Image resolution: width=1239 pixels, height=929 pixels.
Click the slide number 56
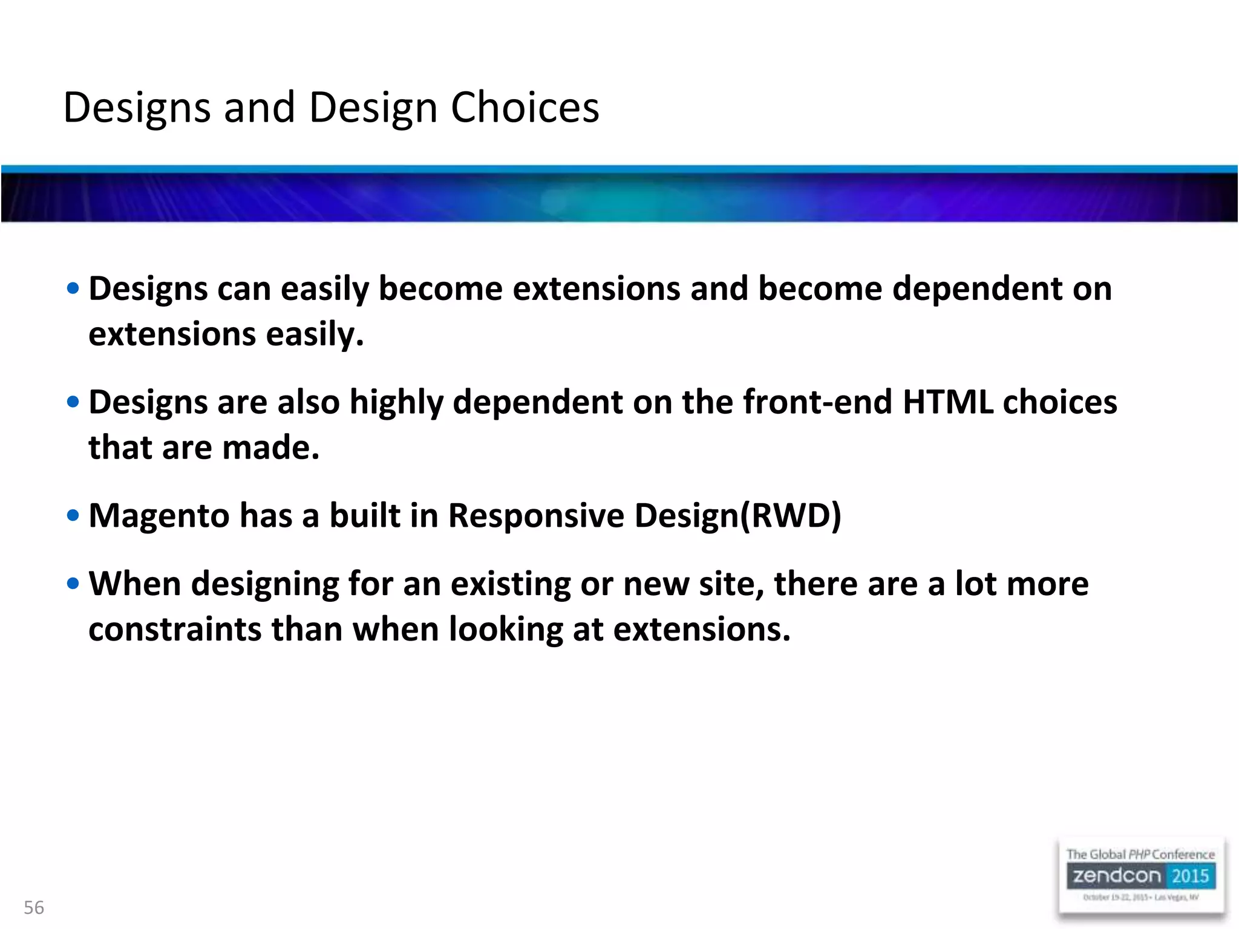[34, 907]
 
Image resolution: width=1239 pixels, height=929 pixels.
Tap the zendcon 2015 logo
[1141, 876]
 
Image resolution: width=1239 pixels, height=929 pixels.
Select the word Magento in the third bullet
[159, 516]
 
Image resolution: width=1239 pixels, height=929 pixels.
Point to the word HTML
[947, 402]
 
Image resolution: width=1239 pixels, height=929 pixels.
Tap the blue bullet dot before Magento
[73, 516]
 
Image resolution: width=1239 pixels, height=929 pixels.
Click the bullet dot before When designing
[73, 584]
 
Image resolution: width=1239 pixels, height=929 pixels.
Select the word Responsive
[535, 516]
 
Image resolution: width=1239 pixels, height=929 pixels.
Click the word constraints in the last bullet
[175, 630]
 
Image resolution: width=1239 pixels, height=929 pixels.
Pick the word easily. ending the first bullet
[315, 334]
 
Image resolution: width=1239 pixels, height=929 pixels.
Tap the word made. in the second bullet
[270, 448]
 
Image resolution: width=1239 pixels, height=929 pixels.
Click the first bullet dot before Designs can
[73, 288]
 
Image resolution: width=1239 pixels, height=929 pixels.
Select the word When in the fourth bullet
[134, 584]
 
